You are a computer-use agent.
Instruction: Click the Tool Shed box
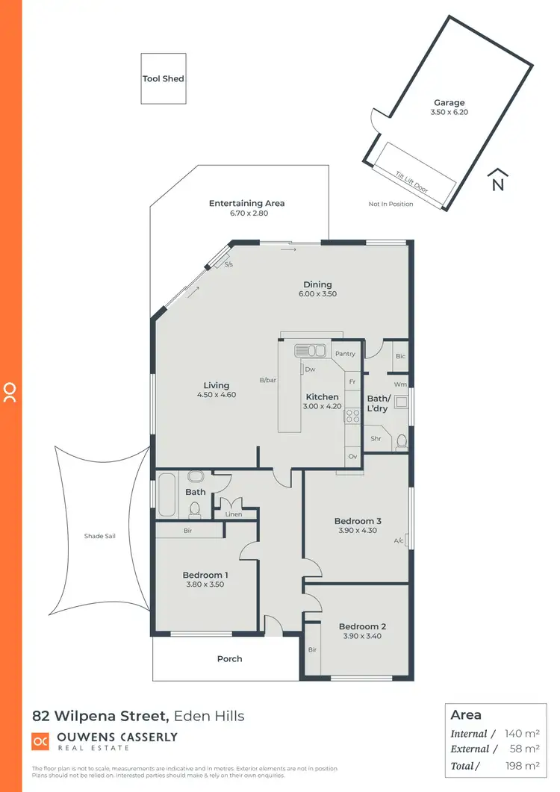pyautogui.click(x=164, y=78)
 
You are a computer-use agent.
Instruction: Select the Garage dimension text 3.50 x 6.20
pyautogui.click(x=449, y=112)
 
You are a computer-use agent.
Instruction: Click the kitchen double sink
pyautogui.click(x=309, y=350)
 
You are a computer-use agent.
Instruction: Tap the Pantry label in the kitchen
pyautogui.click(x=345, y=354)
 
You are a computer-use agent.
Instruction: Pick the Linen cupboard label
pyautogui.click(x=233, y=514)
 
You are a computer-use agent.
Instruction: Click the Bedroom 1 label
pyautogui.click(x=205, y=575)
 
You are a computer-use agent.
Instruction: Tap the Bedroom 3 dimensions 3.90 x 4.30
pyautogui.click(x=358, y=531)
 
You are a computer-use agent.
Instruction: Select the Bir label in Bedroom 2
pyautogui.click(x=312, y=650)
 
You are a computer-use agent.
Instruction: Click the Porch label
pyautogui.click(x=229, y=659)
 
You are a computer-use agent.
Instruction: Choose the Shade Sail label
pyautogui.click(x=100, y=536)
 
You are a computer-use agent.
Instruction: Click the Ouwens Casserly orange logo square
pyautogui.click(x=40, y=741)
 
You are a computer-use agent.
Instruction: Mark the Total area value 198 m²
pyautogui.click(x=523, y=766)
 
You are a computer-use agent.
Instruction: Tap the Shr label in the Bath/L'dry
pyautogui.click(x=376, y=439)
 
